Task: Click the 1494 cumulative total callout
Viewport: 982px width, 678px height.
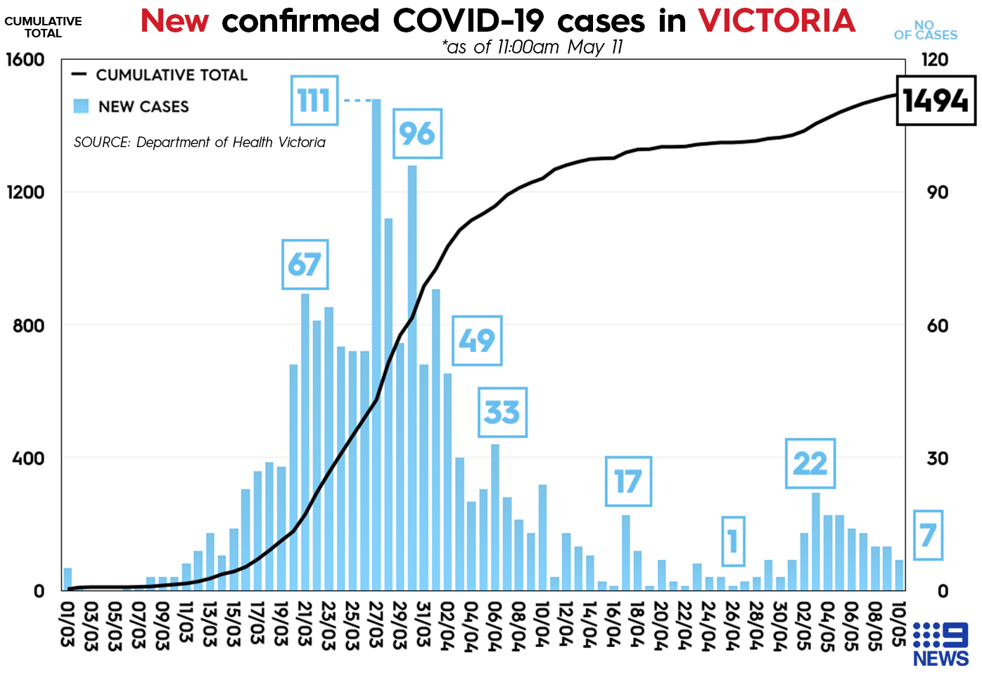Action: [x=936, y=101]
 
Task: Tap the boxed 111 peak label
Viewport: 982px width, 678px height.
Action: [x=314, y=101]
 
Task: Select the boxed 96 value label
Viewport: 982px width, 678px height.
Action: [x=417, y=134]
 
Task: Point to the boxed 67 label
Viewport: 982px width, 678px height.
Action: [x=305, y=265]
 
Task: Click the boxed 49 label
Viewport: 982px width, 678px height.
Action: [x=477, y=341]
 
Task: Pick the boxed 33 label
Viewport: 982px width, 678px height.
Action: [x=502, y=413]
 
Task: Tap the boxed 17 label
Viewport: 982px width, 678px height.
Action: [x=628, y=482]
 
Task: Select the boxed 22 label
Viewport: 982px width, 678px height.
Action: [x=810, y=463]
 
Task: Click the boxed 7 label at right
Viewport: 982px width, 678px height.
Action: [x=928, y=536]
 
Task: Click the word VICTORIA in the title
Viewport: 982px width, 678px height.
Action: [x=777, y=21]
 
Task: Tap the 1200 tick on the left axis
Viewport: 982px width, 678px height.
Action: [x=26, y=192]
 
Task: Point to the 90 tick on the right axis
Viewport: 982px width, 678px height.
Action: [x=937, y=192]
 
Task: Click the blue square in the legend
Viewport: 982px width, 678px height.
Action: [x=81, y=106]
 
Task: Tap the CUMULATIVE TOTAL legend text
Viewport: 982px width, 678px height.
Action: [x=172, y=75]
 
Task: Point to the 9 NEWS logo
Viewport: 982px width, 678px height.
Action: [x=940, y=644]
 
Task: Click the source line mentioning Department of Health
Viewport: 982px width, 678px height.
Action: [x=200, y=142]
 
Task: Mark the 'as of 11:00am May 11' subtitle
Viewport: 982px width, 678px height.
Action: [x=532, y=47]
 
